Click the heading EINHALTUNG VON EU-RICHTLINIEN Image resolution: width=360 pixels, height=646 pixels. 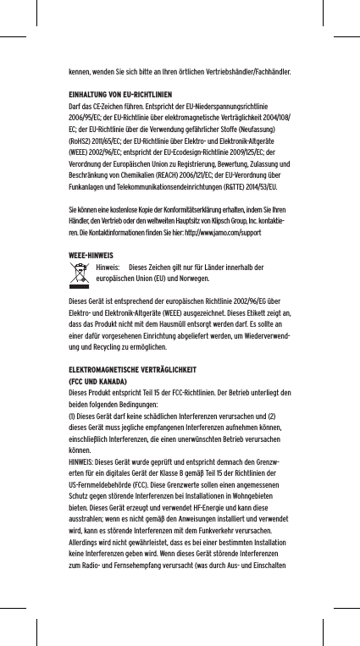120,94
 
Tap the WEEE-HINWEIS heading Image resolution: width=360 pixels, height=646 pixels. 91,255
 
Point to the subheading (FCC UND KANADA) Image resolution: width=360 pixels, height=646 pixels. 102,381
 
